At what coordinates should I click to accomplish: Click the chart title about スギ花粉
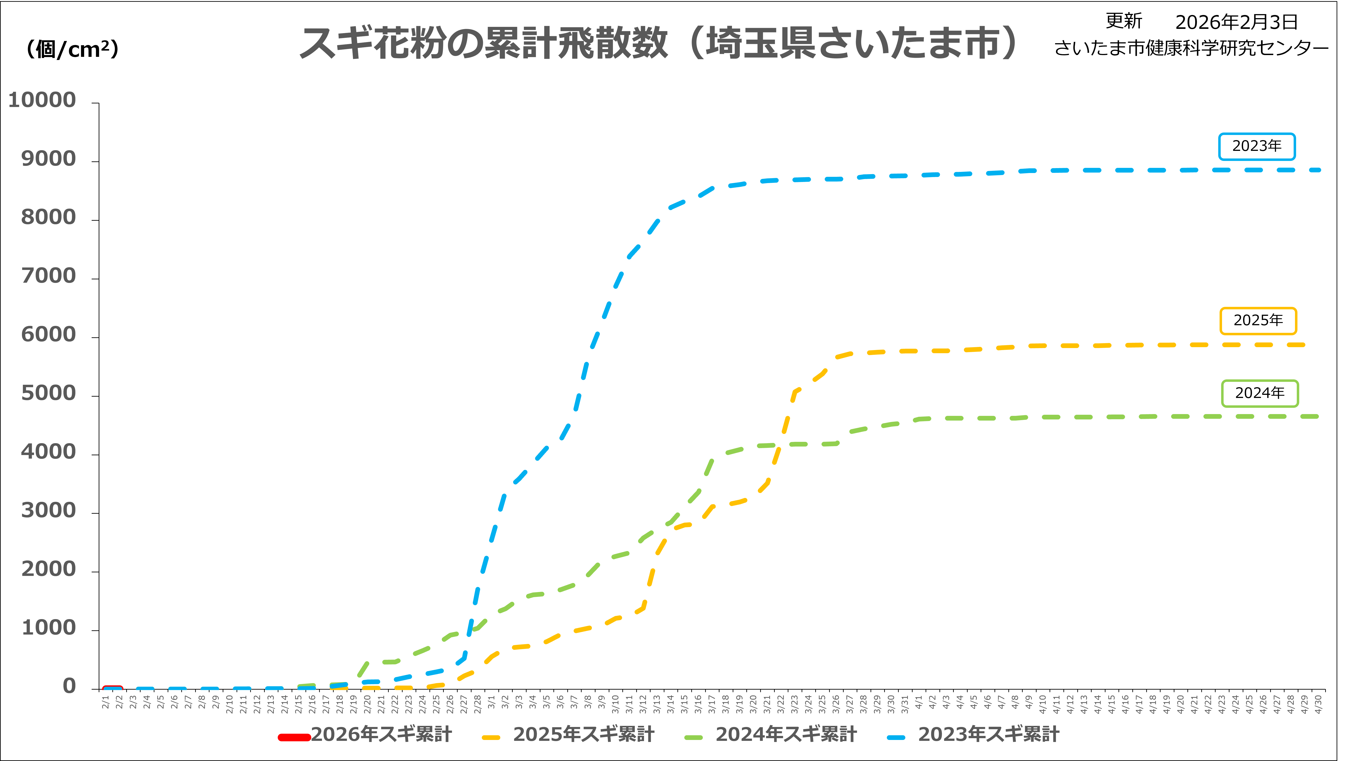point(658,43)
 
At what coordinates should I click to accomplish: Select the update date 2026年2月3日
point(1236,22)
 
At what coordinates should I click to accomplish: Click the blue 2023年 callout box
point(1257,146)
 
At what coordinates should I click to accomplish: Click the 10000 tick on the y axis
point(42,100)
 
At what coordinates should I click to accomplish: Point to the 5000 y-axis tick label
point(49,393)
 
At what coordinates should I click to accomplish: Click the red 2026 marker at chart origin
point(112,688)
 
